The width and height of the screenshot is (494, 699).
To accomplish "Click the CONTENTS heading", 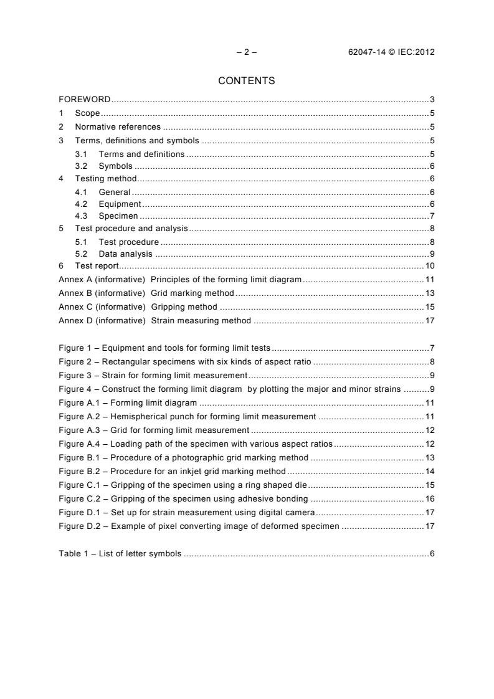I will coord(247,80).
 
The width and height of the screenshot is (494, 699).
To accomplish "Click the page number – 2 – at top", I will coord(247,52).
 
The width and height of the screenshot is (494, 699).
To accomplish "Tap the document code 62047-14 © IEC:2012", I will coord(391,52).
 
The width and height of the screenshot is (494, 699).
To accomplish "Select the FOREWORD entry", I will coord(85,100).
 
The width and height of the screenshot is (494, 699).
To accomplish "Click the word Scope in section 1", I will coord(88,113).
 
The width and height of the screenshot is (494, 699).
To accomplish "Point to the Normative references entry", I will coord(118,127).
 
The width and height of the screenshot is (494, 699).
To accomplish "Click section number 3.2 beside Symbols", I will coord(81,166).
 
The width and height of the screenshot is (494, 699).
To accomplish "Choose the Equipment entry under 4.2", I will coord(120,204).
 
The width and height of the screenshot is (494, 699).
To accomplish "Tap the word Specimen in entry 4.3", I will coord(118,216).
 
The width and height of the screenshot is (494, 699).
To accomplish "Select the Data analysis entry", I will coord(125,254).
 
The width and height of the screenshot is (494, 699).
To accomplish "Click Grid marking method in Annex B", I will coord(192,293).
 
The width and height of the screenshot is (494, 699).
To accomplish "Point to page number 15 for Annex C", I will coord(430,307).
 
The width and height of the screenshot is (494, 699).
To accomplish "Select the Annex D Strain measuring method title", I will coord(201,321).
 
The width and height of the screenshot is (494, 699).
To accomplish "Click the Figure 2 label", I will coord(76,361).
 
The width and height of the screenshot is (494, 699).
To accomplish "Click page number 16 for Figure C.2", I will coord(430,498).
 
